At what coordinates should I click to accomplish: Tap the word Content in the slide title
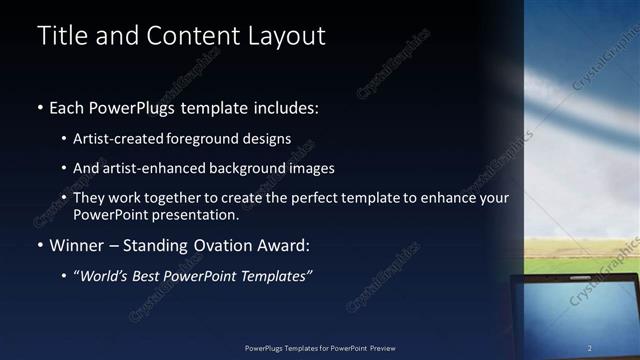[193, 36]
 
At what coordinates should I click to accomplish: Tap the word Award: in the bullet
[286, 246]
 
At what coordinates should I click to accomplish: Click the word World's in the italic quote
[107, 275]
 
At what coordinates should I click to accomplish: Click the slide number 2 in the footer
[590, 348]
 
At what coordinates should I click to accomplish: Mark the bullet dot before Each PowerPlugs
[40, 108]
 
